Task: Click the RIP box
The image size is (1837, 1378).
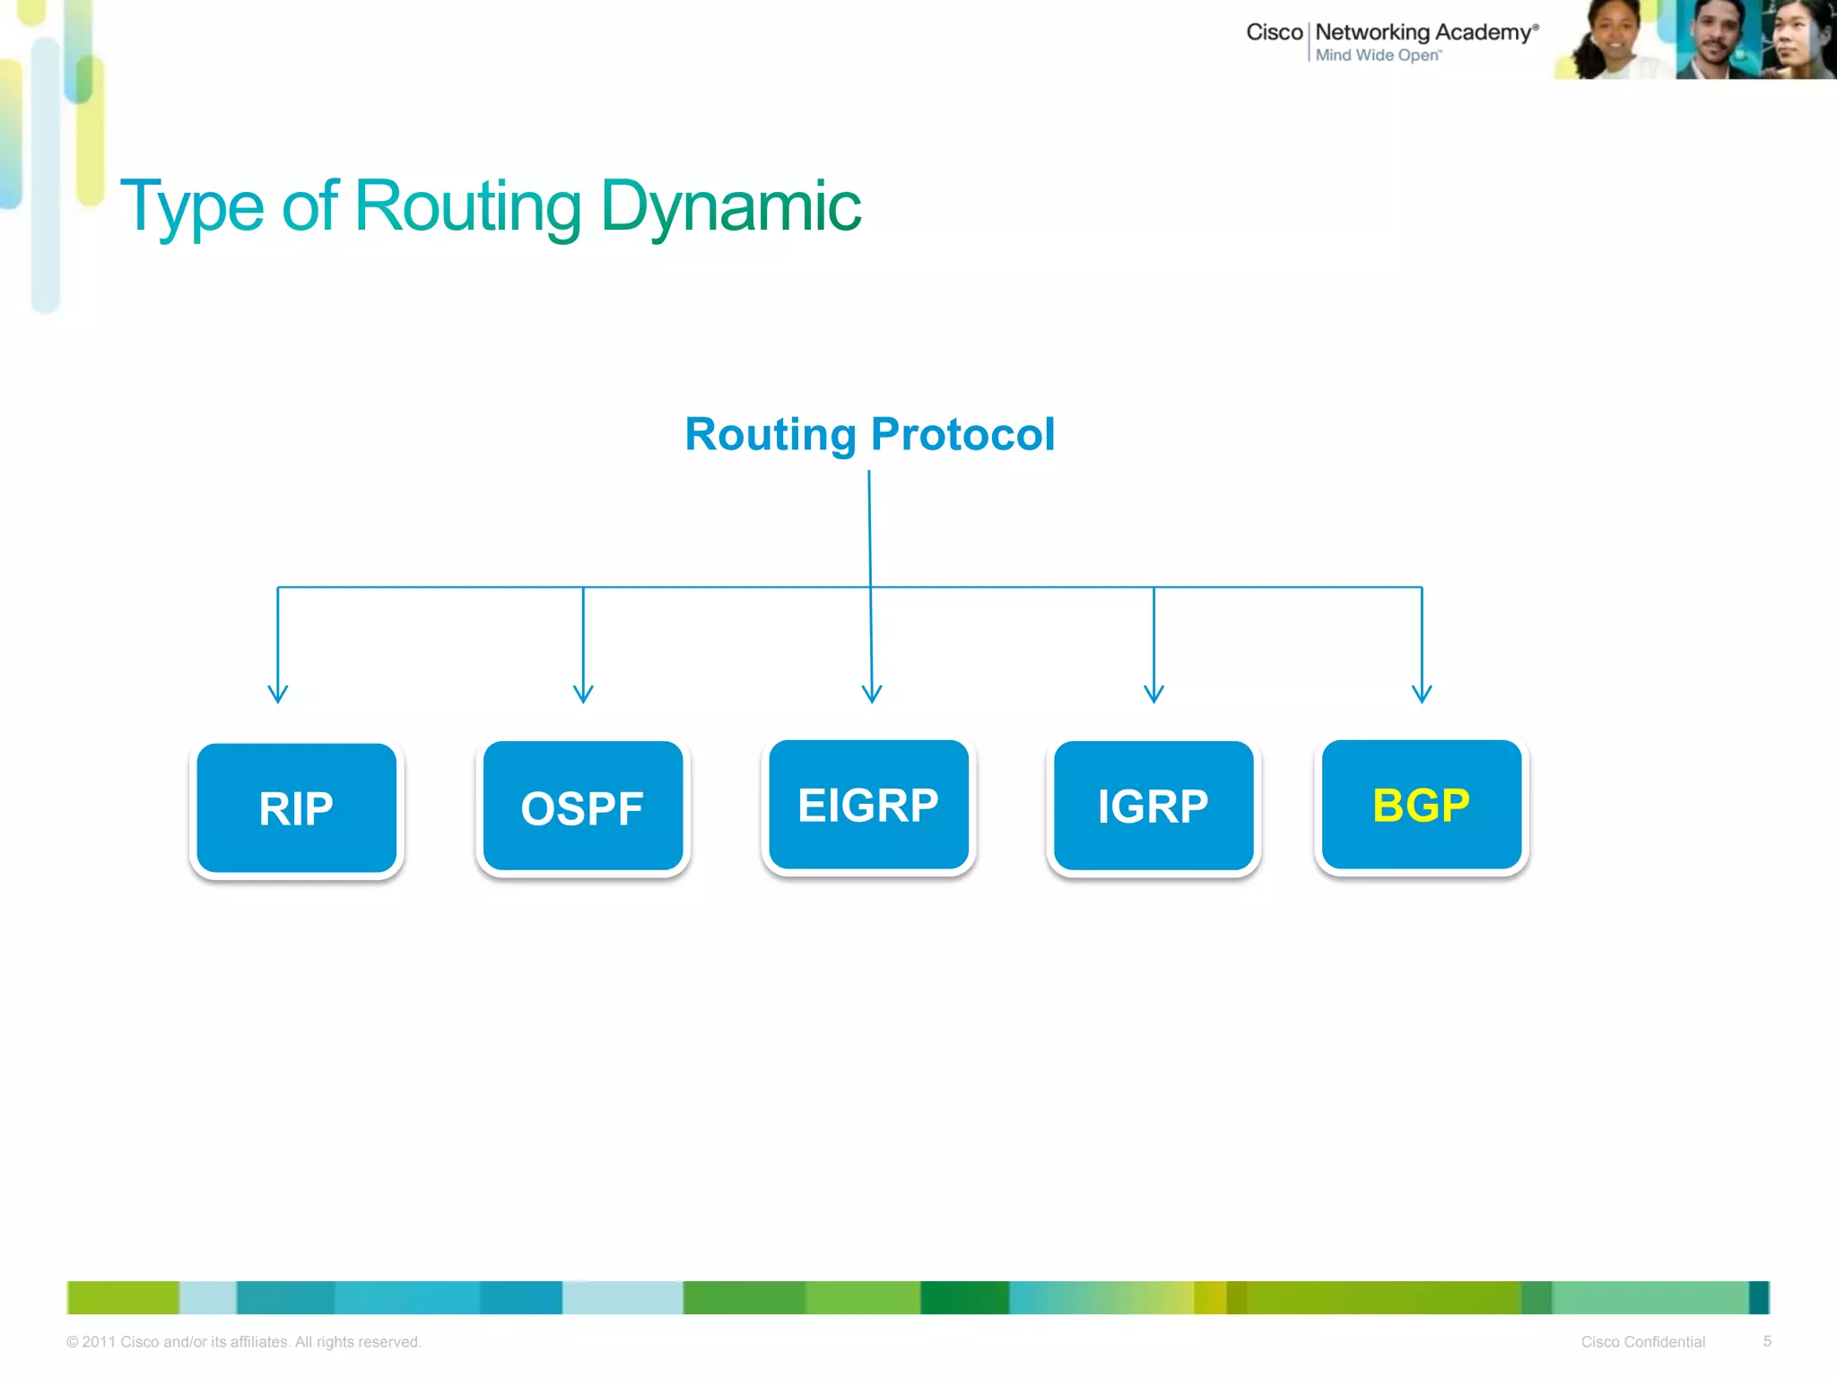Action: (x=296, y=807)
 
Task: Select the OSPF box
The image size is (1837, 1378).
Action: (x=582, y=807)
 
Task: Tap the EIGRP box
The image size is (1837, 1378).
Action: (x=868, y=805)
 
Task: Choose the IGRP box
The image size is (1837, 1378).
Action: (x=1154, y=806)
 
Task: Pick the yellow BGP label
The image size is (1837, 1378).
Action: (x=1421, y=805)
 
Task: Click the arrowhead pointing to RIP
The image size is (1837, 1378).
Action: (x=278, y=694)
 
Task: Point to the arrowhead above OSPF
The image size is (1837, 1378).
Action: (x=583, y=694)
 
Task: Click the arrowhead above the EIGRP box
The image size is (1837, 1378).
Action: (x=872, y=694)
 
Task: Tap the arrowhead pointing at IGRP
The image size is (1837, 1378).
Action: (x=1154, y=694)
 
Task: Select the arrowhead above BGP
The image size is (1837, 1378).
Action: (x=1422, y=694)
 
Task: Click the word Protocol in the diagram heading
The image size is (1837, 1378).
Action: (x=962, y=434)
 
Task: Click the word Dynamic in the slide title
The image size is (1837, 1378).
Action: (x=730, y=206)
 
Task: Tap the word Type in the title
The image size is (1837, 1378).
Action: (x=192, y=206)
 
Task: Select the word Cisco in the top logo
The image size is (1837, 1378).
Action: (x=1274, y=32)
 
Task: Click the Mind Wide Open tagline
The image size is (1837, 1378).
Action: (x=1378, y=56)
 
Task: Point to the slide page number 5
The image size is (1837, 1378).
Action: (x=1767, y=1341)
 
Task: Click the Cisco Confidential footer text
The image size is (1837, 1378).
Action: (x=1642, y=1342)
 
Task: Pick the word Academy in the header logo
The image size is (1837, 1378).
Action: (x=1484, y=33)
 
